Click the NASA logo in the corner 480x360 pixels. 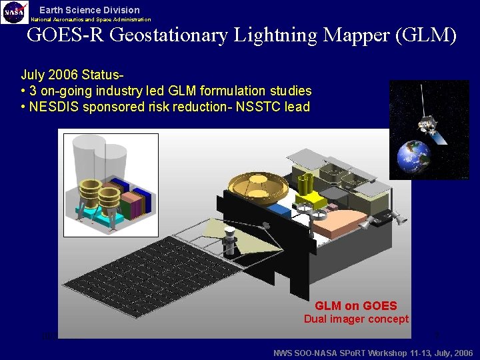click(x=14, y=12)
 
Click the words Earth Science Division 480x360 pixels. click(x=89, y=10)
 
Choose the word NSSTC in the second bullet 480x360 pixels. click(x=256, y=107)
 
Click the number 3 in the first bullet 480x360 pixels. click(x=34, y=91)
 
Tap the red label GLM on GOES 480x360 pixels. click(x=355, y=306)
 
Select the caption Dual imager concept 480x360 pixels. click(x=356, y=319)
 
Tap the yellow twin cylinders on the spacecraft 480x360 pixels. click(x=306, y=184)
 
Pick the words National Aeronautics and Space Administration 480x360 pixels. click(x=91, y=19)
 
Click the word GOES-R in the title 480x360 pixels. click(x=65, y=35)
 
